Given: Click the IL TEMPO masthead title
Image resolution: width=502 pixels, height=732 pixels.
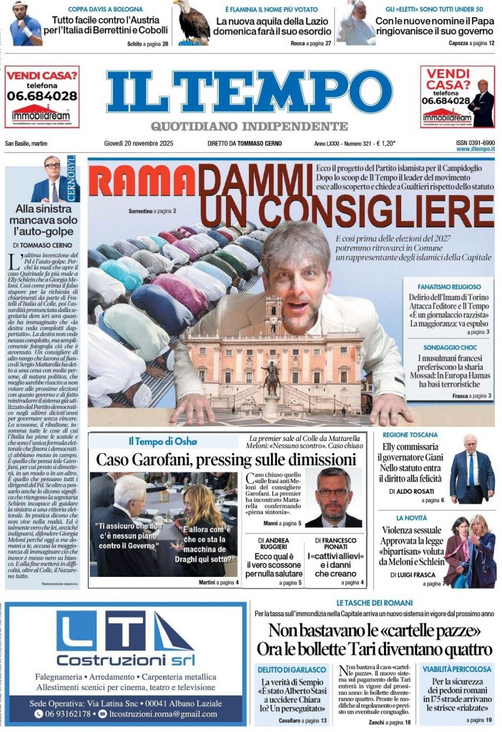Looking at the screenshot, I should coord(250,92).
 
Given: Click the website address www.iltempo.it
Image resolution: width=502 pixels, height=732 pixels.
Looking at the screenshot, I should coord(476,149).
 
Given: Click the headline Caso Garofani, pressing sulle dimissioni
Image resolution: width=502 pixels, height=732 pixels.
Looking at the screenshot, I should coord(226,460).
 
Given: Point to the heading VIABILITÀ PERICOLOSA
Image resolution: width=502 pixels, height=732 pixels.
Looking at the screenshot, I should coord(456,669).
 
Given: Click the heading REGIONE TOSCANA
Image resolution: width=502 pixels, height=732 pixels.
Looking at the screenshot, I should coord(410,435).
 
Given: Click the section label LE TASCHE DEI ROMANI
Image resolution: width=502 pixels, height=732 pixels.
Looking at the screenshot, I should coord(374,603).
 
